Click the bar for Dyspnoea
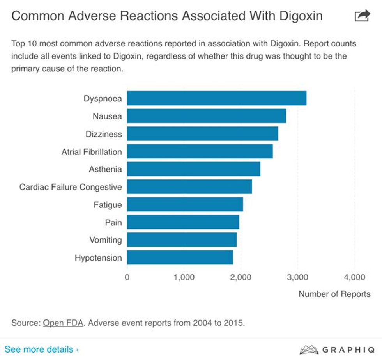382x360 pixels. coord(216,98)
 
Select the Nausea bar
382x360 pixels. coord(206,116)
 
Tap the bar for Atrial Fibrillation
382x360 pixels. coord(200,152)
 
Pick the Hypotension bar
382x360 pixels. coord(180,258)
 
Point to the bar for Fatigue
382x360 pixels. coord(185,205)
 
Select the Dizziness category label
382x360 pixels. coord(104,134)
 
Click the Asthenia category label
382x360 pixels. coord(105,170)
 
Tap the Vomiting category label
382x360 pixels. coord(105,240)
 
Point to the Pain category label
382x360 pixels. coord(113,223)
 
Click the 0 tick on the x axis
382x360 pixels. coord(127,277)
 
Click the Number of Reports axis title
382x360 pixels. coord(334,294)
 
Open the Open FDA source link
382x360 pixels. coord(63,323)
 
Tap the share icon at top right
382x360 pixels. coord(362,16)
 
